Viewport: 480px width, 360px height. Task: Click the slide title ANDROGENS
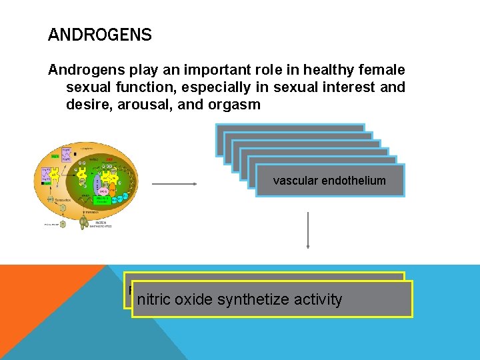(x=100, y=35)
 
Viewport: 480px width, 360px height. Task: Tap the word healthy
(x=311, y=70)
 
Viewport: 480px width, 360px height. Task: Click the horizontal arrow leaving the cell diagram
(x=173, y=183)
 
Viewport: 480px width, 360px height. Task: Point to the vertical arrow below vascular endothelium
(x=308, y=230)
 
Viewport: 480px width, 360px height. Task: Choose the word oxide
(x=195, y=300)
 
